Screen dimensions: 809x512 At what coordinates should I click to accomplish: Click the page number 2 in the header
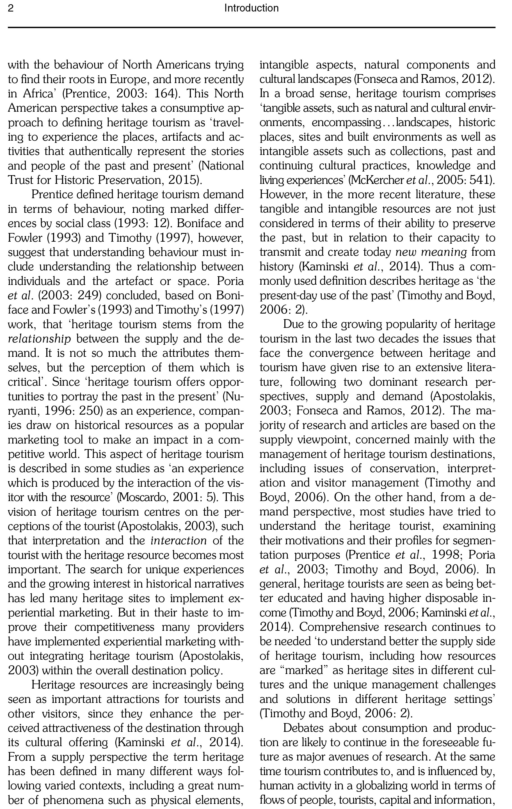pos(11,8)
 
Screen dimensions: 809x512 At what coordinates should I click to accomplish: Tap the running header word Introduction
pos(251,8)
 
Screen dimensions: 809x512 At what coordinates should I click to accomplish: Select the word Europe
pos(129,79)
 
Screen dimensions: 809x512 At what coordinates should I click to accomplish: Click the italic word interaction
pos(179,541)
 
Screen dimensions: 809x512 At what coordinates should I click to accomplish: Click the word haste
pos(196,613)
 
